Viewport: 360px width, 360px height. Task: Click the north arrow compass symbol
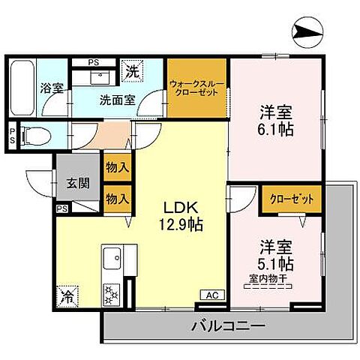307,31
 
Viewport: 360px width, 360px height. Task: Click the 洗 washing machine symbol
132,72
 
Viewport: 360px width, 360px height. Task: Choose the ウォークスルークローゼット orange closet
196,90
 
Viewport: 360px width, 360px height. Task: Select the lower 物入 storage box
115,199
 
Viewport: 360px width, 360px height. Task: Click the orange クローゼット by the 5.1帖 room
286,199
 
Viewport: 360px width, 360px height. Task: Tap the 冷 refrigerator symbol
67,295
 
